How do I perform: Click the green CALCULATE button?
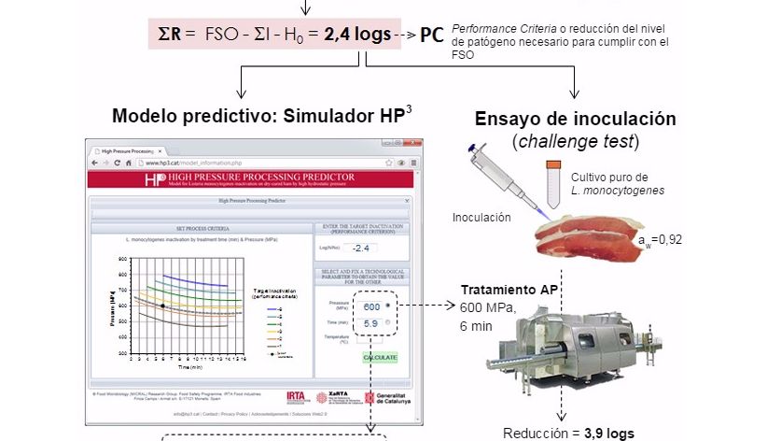pos(381,358)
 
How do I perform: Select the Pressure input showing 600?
pos(371,306)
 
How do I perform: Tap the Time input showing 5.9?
pos(370,322)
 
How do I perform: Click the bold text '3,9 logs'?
pos(608,434)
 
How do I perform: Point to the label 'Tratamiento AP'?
pos(509,290)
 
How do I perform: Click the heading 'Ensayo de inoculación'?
pos(575,119)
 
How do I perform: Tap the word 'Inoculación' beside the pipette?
pos(482,217)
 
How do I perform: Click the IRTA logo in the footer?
pos(298,396)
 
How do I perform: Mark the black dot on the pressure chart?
pos(162,305)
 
